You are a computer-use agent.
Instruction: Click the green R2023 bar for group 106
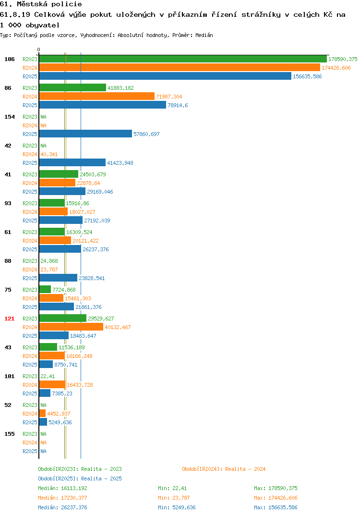point(183,59)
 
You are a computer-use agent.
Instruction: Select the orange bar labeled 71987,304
point(97,96)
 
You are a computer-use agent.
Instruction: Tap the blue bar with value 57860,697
point(86,134)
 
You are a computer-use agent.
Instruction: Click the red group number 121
point(10,319)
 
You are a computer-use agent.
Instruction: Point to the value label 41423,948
point(120,163)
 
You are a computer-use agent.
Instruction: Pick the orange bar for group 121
point(72,327)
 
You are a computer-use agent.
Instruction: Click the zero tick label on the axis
point(39,49)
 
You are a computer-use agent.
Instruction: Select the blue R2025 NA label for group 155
point(43,451)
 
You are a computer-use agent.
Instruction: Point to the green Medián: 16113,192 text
point(62,488)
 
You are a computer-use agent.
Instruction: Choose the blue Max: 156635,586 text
point(276,507)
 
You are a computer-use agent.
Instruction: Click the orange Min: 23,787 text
point(174,498)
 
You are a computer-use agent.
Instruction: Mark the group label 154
point(10,117)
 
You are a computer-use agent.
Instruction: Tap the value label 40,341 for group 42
point(49,154)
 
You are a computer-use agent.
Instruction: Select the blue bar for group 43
point(46,364)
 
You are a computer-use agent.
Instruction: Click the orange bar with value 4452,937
point(42,413)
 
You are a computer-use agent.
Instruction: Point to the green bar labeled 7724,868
point(45,289)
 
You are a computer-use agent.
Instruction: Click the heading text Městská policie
point(49,4)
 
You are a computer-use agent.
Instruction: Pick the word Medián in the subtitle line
point(204,35)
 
